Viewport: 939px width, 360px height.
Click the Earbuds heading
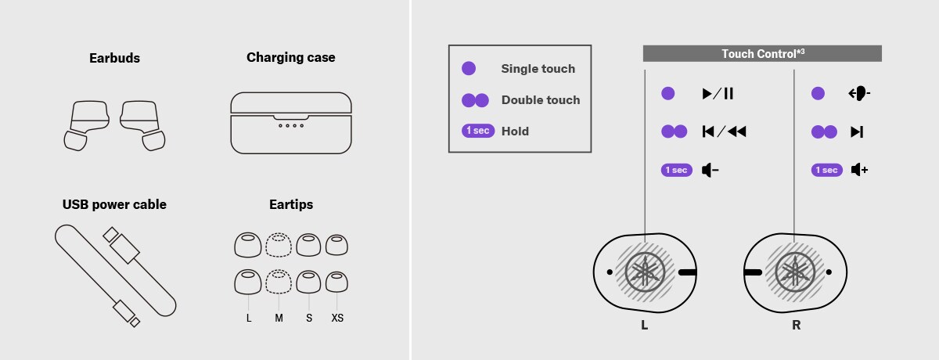point(114,58)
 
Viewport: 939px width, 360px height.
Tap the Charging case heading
point(291,57)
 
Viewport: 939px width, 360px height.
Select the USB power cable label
point(114,204)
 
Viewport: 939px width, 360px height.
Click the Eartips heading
point(291,204)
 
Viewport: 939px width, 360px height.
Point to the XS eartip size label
point(337,318)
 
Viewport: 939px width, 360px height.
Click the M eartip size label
point(279,318)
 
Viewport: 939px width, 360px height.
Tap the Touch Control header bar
point(762,54)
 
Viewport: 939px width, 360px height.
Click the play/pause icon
point(718,93)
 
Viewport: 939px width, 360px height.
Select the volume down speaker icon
point(711,170)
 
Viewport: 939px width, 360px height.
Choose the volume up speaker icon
point(860,170)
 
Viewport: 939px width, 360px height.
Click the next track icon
point(857,132)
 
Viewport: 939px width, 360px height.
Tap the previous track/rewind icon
point(725,131)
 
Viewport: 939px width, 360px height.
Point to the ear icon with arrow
point(859,93)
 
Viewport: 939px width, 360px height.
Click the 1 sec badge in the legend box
point(478,131)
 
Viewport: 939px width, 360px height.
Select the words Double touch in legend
point(541,100)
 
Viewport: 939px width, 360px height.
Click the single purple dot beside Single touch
point(469,68)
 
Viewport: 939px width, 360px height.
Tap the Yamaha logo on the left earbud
point(645,272)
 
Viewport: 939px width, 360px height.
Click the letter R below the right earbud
point(796,326)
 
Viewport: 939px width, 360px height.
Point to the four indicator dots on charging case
point(291,126)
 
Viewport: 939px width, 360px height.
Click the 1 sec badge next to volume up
point(826,170)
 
